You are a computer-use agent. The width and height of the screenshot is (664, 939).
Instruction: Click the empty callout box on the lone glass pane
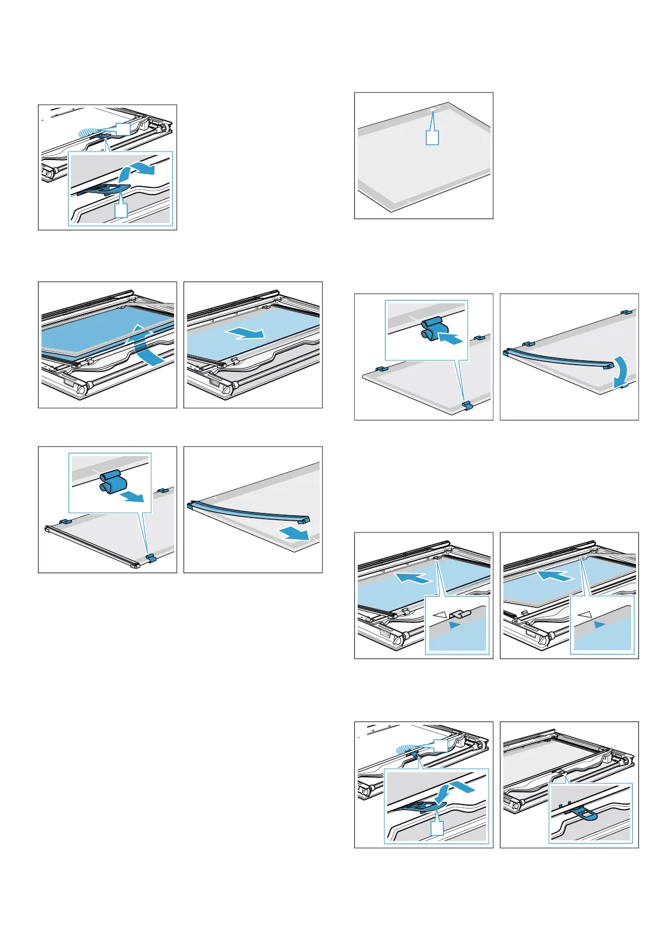click(432, 137)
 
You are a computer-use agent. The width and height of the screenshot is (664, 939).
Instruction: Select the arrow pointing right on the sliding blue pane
click(246, 333)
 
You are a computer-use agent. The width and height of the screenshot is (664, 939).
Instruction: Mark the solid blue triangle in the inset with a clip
click(455, 625)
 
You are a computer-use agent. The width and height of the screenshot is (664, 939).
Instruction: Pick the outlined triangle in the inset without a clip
click(585, 614)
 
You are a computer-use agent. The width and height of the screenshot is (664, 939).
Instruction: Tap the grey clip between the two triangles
click(460, 614)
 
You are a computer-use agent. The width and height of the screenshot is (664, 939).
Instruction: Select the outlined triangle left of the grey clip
click(440, 614)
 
